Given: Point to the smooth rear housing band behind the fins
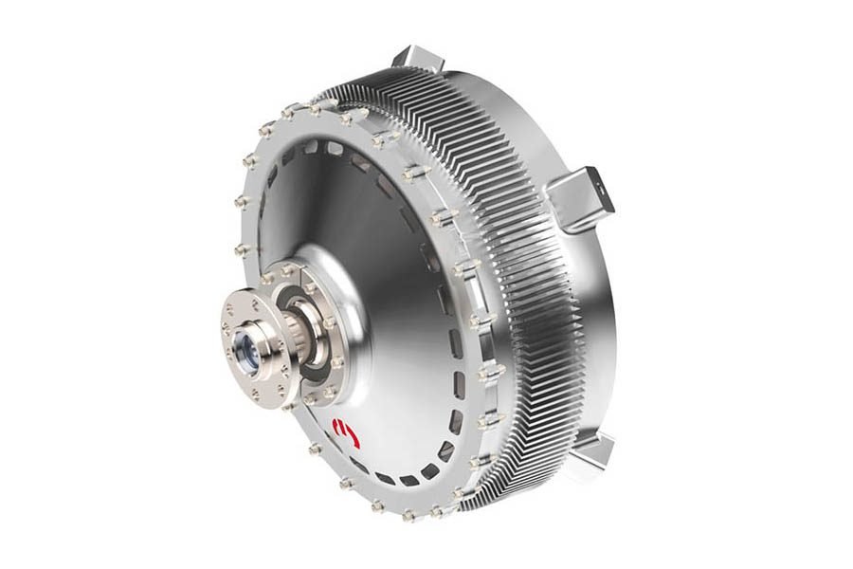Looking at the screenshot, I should pyautogui.click(x=616, y=313).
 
